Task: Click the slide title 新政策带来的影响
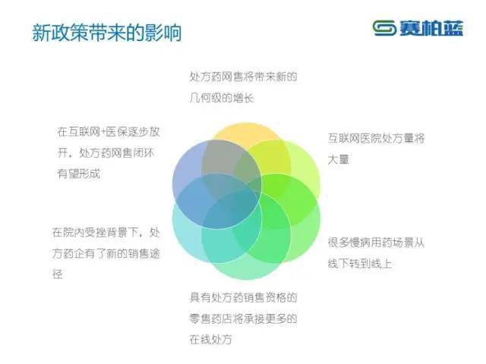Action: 106,34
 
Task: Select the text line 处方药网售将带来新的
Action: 243,77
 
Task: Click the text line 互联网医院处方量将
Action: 377,140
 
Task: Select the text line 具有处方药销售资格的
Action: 243,297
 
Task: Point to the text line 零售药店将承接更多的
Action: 243,318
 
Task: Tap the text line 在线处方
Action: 211,339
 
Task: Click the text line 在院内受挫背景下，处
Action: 106,232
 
